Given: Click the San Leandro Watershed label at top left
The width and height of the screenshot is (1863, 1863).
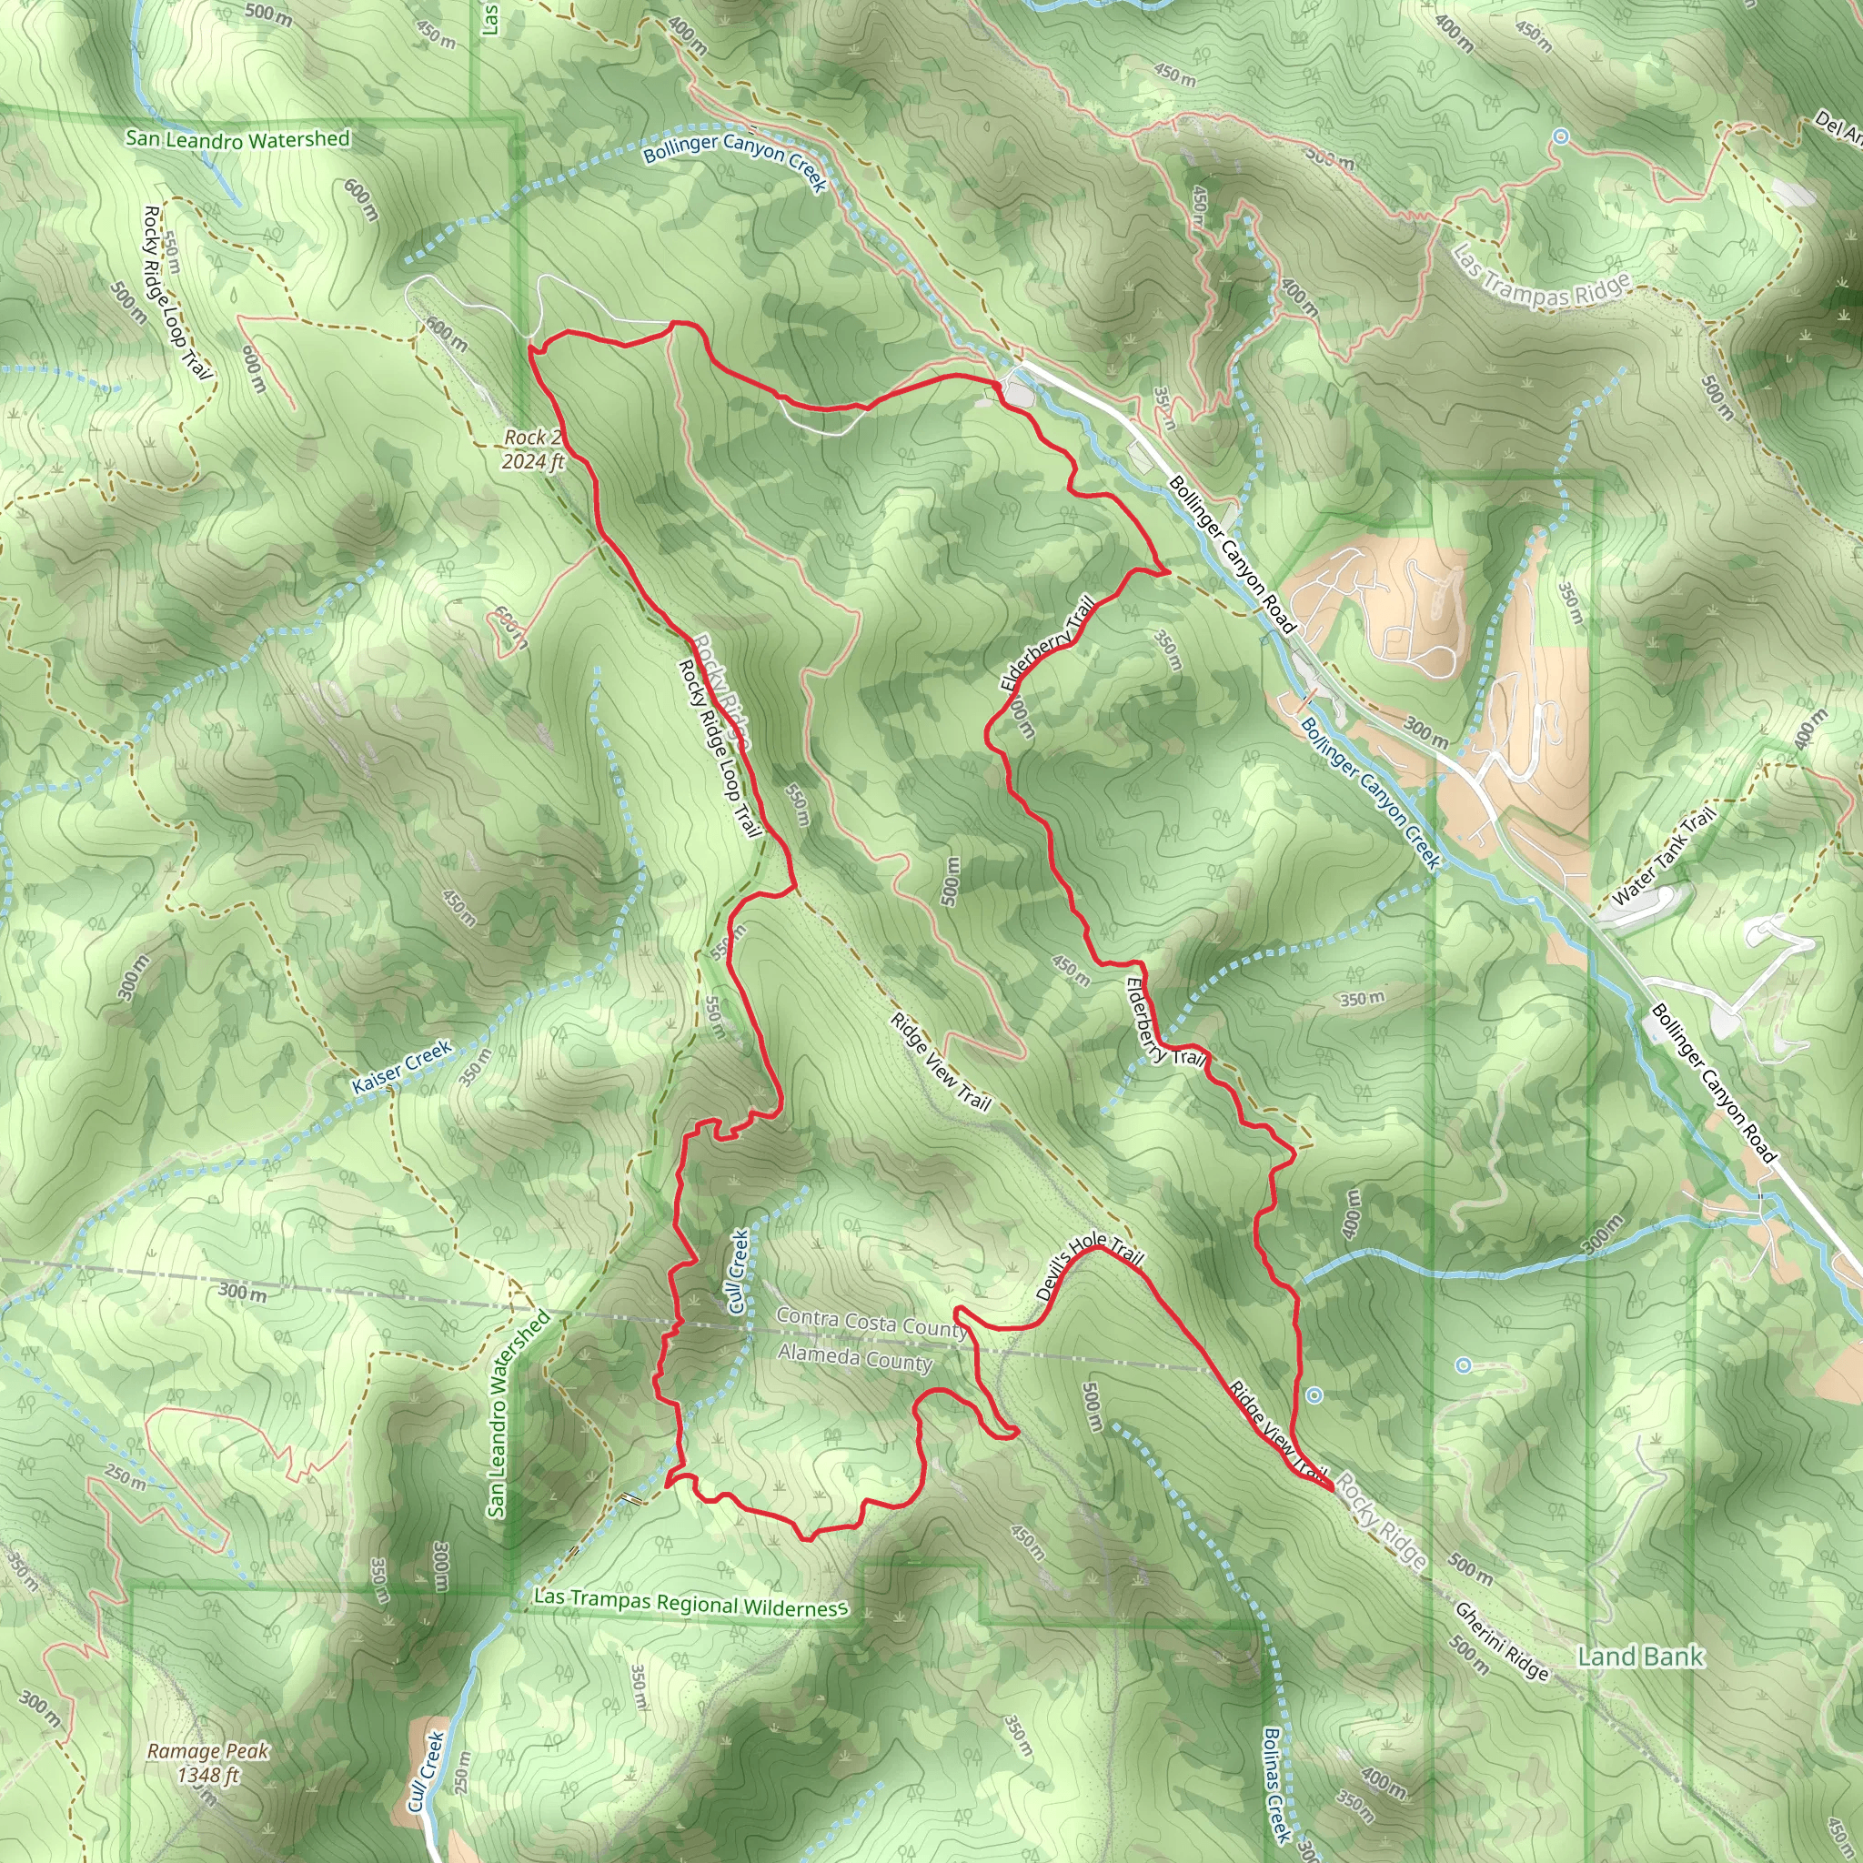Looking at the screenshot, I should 237,140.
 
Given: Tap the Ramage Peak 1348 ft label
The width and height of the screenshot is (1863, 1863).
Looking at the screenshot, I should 207,1762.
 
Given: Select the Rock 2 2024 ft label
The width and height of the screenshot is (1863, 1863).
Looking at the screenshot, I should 532,449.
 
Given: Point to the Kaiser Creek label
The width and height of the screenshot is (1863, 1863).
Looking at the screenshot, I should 401,1066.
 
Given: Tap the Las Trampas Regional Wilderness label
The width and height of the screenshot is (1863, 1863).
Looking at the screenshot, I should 690,1603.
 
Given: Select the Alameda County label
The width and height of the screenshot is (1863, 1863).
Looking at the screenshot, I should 855,1358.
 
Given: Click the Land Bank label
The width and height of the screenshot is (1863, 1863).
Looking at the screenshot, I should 1640,1657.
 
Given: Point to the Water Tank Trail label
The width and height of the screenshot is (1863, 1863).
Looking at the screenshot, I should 1664,855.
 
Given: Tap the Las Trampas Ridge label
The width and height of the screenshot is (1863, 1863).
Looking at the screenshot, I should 1540,277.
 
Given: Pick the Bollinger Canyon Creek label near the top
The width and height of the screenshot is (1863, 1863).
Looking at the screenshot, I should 735,159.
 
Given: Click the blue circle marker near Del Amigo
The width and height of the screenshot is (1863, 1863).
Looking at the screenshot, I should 1560,137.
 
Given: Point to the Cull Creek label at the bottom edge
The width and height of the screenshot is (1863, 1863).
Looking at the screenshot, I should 425,1770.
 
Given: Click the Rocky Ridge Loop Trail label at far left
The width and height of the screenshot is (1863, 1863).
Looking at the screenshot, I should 176,291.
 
